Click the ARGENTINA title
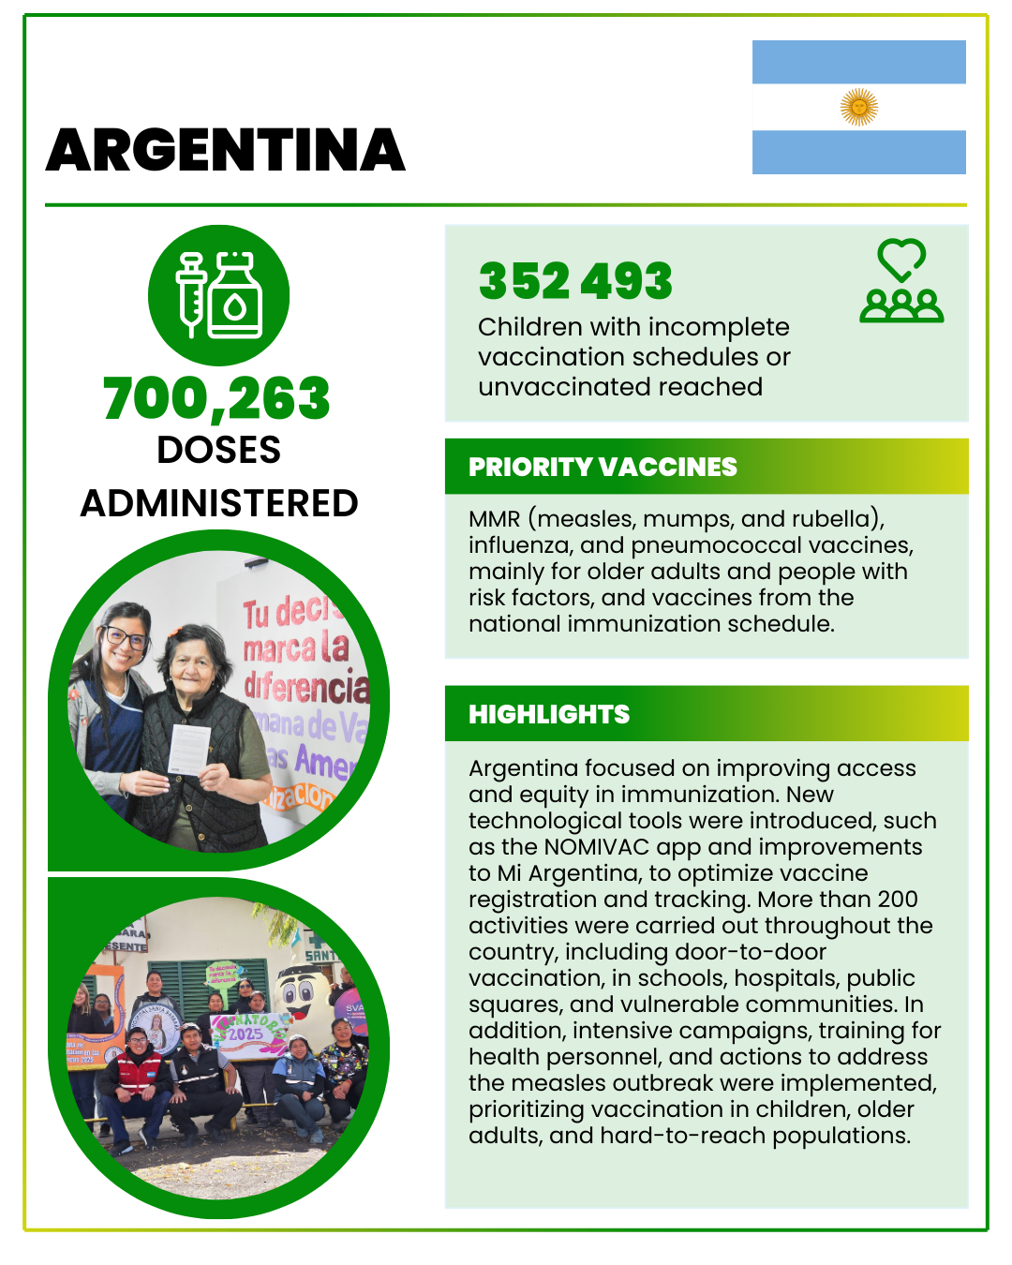pyautogui.click(x=225, y=151)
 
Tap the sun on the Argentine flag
pyautogui.click(x=859, y=107)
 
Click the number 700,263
pyautogui.click(x=216, y=398)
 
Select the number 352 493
pyautogui.click(x=575, y=281)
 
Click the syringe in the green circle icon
pyautogui.click(x=192, y=292)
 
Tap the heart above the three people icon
pyautogui.click(x=901, y=259)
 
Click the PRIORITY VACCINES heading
pyautogui.click(x=603, y=467)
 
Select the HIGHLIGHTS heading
pyautogui.click(x=549, y=714)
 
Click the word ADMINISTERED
pyautogui.click(x=219, y=503)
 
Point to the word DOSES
pyautogui.click(x=219, y=450)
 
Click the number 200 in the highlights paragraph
pyautogui.click(x=898, y=900)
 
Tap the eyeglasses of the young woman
pyautogui.click(x=126, y=638)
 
